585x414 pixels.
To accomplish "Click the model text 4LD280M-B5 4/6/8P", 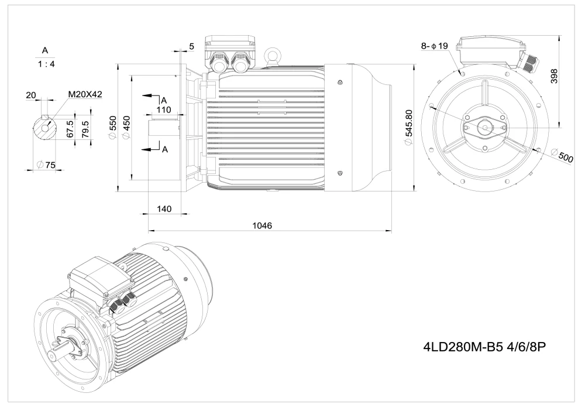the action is click(x=484, y=347).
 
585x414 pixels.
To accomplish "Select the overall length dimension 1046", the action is click(x=262, y=225).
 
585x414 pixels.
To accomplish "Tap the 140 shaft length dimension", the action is click(x=164, y=209).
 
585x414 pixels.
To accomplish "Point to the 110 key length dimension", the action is click(x=164, y=110).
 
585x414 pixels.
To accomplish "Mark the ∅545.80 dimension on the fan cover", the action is click(x=408, y=128).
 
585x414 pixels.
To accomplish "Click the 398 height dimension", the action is click(x=555, y=76).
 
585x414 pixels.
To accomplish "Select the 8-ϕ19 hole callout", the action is click(x=434, y=46).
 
